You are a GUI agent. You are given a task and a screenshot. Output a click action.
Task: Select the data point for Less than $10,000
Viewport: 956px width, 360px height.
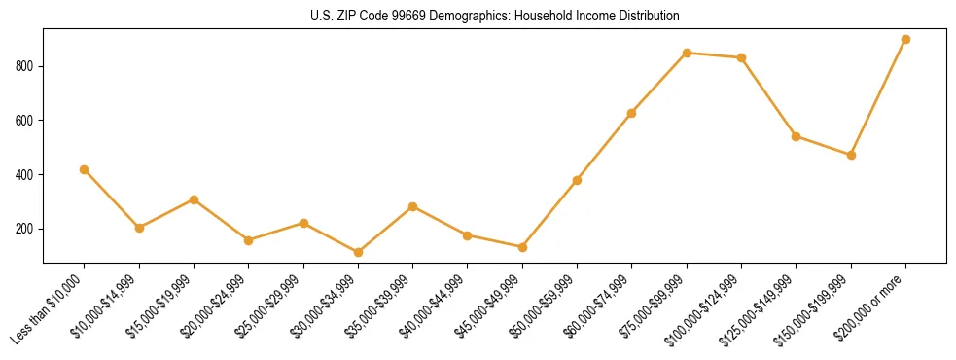pyautogui.click(x=85, y=169)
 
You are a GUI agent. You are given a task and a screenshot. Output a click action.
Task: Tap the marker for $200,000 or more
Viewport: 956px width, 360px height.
pyautogui.click(x=905, y=40)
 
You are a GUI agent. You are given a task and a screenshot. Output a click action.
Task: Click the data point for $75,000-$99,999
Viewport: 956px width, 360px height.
pyautogui.click(x=687, y=53)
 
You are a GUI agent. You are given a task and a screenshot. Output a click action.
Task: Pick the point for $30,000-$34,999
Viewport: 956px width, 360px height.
pyautogui.click(x=358, y=252)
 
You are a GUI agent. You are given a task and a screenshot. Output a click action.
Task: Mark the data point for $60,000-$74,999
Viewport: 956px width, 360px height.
pyautogui.click(x=632, y=113)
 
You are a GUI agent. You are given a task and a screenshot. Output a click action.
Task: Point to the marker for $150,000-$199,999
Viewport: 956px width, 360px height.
pyautogui.click(x=851, y=155)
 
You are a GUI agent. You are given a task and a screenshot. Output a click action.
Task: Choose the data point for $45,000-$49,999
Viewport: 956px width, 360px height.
pyautogui.click(x=522, y=247)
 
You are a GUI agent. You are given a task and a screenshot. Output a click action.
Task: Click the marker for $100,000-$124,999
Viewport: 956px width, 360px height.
pyautogui.click(x=741, y=57)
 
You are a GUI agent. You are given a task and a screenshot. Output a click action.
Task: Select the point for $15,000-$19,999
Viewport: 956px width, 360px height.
pyautogui.click(x=194, y=199)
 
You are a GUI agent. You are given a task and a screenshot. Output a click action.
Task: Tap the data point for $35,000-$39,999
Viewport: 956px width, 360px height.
pyautogui.click(x=413, y=206)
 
